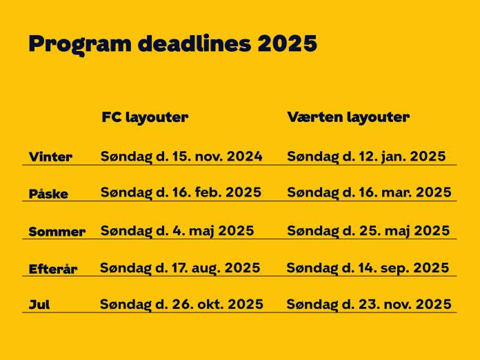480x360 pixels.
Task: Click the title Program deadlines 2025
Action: coord(172,43)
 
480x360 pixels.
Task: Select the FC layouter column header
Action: coord(145,117)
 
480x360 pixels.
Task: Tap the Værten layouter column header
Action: coord(348,117)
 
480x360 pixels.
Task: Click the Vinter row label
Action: coord(50,157)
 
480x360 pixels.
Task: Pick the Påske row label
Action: coord(48,194)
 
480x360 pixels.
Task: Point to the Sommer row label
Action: coord(57,232)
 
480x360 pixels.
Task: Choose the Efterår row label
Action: coord(53,269)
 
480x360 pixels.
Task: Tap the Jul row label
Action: coord(39,305)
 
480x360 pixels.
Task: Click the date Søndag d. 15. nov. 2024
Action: coord(181,157)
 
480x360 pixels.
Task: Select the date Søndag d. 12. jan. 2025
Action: coord(366,157)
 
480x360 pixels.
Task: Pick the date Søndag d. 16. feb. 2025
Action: coord(181,192)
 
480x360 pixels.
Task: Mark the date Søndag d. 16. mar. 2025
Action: coord(369,192)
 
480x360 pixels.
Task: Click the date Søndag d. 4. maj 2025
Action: coord(177,230)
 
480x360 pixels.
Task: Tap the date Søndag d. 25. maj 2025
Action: coord(368,230)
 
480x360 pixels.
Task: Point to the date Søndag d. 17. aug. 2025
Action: coord(180,268)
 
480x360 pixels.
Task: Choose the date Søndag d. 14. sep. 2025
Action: coord(368,268)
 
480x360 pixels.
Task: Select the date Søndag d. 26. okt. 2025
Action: coord(181,304)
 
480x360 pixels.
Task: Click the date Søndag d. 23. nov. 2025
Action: coord(369,304)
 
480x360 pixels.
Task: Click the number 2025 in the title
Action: coord(288,43)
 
